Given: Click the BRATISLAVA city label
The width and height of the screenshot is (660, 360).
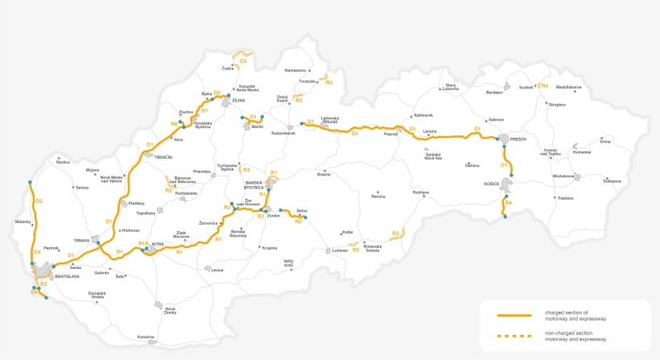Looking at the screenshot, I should coord(67,276).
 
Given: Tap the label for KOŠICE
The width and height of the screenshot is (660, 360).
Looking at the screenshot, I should coord(492,184).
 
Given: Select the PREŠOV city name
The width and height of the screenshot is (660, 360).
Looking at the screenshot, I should coord(518,139).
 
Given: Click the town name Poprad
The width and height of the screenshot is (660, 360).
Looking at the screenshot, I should coord(391,135).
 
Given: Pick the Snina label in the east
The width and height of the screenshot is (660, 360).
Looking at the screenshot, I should coord(605,142).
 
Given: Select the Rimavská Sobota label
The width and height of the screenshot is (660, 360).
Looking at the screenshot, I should coord(372,247).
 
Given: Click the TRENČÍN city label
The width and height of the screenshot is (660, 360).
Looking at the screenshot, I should coord(164,157).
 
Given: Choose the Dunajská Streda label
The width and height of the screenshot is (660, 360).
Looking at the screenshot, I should coord(97,296).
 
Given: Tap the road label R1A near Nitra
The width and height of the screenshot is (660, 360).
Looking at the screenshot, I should coord(142,243).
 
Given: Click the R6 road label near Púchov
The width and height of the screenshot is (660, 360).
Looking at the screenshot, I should coord(174,123).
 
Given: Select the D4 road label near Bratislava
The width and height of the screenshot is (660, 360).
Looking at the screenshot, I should coord(37,252).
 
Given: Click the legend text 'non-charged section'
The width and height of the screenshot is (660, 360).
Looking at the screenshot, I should coord(570,332).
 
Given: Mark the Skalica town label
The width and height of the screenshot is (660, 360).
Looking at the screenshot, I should coord(63,162).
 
